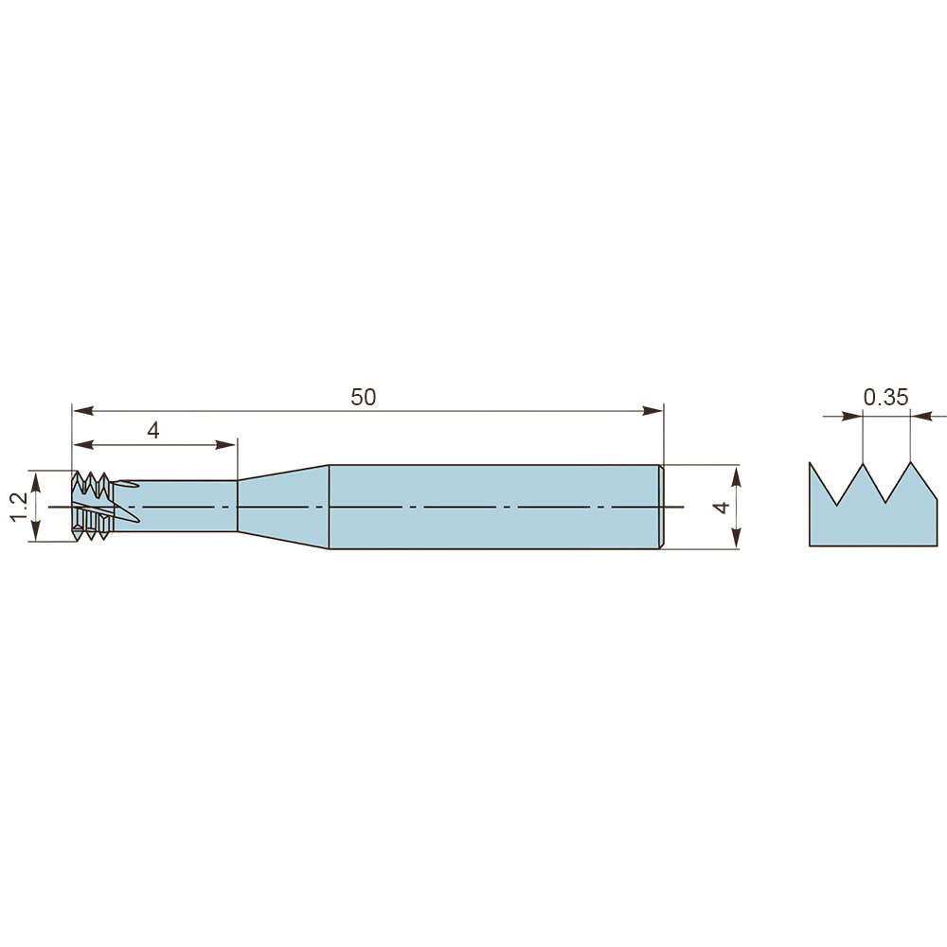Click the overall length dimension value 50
pyautogui.click(x=363, y=397)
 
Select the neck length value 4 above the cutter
pyautogui.click(x=153, y=431)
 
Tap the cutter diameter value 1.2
pyautogui.click(x=19, y=506)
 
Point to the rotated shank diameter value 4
pyautogui.click(x=722, y=508)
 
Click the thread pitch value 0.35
pyautogui.click(x=886, y=397)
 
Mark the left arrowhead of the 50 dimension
pyautogui.click(x=83, y=411)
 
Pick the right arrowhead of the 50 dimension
pyautogui.click(x=652, y=411)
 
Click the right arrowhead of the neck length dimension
pyautogui.click(x=226, y=445)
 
